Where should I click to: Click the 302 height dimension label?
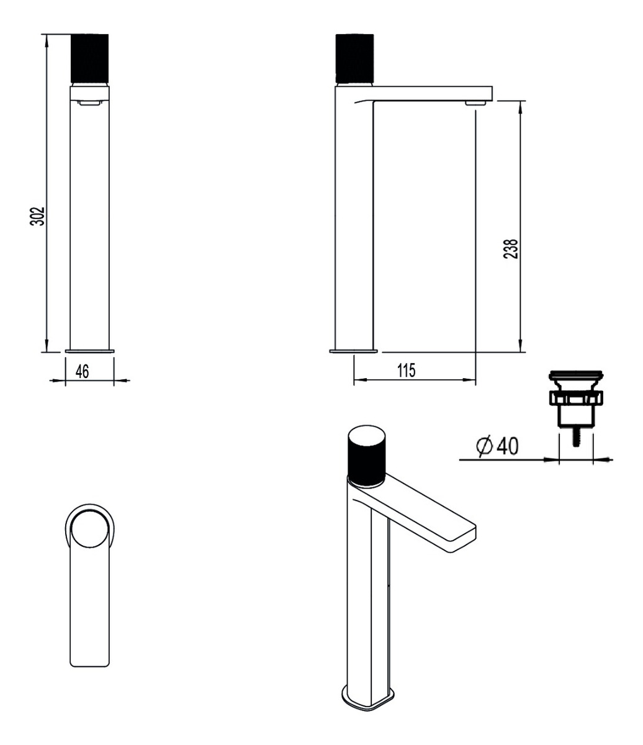37,216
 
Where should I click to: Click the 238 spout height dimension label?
511,249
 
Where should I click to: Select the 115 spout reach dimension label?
406,371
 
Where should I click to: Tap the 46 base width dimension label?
83,372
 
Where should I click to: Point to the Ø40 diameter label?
497,446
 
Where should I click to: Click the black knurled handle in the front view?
90,58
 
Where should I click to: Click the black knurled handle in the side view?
354,58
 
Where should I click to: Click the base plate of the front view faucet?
90,351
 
